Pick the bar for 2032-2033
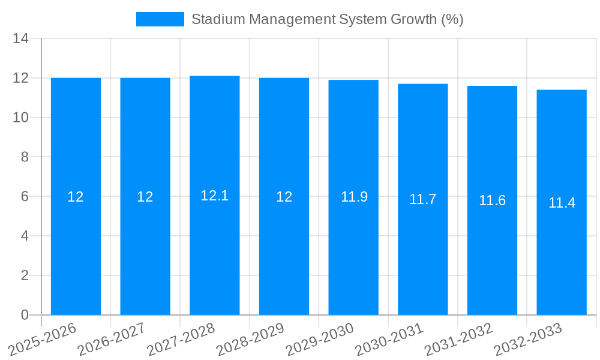[x=562, y=252]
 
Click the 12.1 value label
[x=215, y=196]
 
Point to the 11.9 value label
[x=354, y=197]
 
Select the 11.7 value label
[x=423, y=199]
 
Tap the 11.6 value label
[x=492, y=200]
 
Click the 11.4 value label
[x=562, y=203]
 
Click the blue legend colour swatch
[x=160, y=19]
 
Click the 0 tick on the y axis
[x=25, y=315]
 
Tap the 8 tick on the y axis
[x=25, y=157]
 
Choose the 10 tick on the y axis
[x=21, y=118]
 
